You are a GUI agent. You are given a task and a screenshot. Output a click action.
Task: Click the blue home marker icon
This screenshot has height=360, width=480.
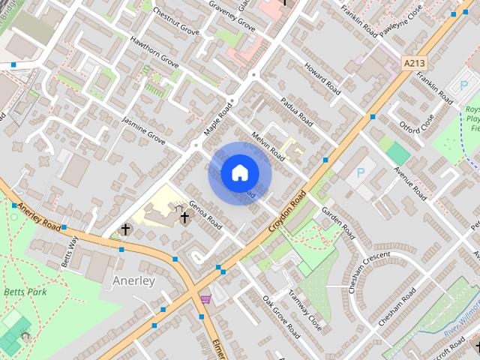[x=240, y=172]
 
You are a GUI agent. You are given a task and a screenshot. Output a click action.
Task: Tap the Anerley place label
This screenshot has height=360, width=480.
[x=133, y=280]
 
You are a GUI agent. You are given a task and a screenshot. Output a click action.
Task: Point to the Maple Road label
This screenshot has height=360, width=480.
[x=220, y=118]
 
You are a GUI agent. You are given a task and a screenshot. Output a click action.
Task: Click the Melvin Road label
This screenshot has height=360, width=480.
[x=268, y=145]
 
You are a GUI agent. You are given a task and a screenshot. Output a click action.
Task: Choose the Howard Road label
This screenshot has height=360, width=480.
[x=322, y=80]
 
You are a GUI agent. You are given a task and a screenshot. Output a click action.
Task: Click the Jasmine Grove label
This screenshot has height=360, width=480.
[x=143, y=130]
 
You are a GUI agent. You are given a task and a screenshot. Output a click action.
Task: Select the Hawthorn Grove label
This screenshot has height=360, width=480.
[x=154, y=53]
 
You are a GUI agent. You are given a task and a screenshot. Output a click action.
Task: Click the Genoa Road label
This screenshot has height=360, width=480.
[x=205, y=213]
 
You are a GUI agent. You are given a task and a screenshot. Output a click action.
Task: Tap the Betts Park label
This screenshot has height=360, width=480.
[x=25, y=292]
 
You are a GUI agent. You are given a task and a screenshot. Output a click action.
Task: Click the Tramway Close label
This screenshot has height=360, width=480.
[x=305, y=313]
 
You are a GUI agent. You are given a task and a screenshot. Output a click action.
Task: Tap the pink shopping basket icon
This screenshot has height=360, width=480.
[x=205, y=298]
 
